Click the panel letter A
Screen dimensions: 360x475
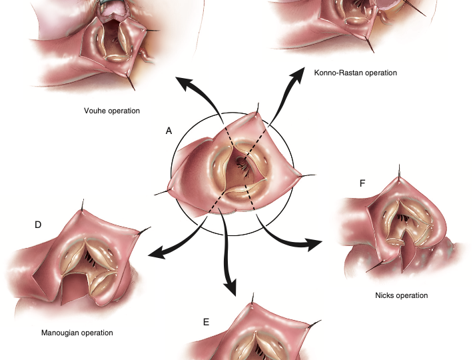169,131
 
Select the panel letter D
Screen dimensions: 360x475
38,225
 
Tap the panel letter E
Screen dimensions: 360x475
207,322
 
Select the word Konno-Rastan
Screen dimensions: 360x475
337,72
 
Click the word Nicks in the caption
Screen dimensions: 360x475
386,295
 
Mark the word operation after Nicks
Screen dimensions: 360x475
412,295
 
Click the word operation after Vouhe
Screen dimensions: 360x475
124,111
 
